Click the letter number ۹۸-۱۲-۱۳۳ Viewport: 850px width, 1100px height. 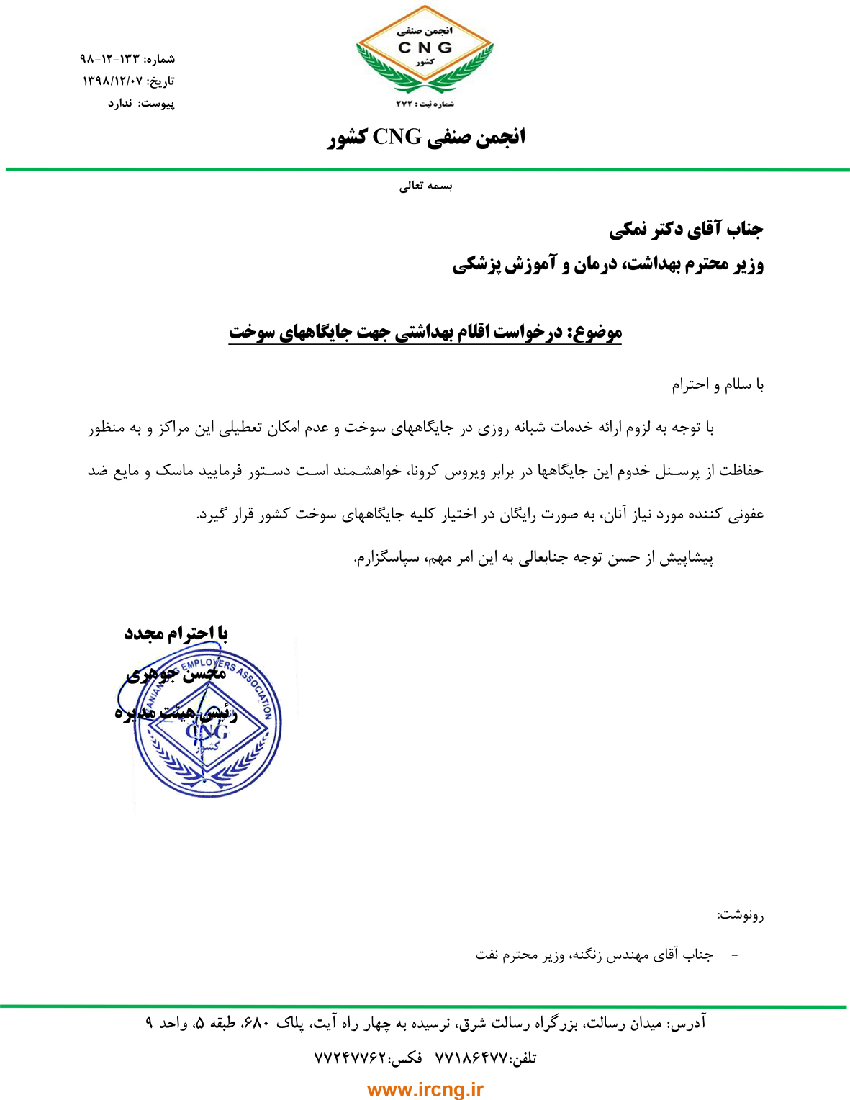[108, 58]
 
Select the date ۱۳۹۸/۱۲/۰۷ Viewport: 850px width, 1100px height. [113, 81]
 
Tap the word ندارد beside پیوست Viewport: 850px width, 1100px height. [120, 104]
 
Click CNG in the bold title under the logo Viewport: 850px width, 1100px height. [397, 136]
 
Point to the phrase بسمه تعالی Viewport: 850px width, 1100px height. [426, 186]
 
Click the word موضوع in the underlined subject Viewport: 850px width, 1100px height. [596, 333]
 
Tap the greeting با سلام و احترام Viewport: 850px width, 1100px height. [718, 384]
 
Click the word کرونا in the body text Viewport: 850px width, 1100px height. [430, 472]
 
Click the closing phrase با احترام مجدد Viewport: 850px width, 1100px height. [176, 634]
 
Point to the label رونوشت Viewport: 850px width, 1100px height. [741, 916]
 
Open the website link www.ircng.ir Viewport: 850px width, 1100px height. [425, 1090]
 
